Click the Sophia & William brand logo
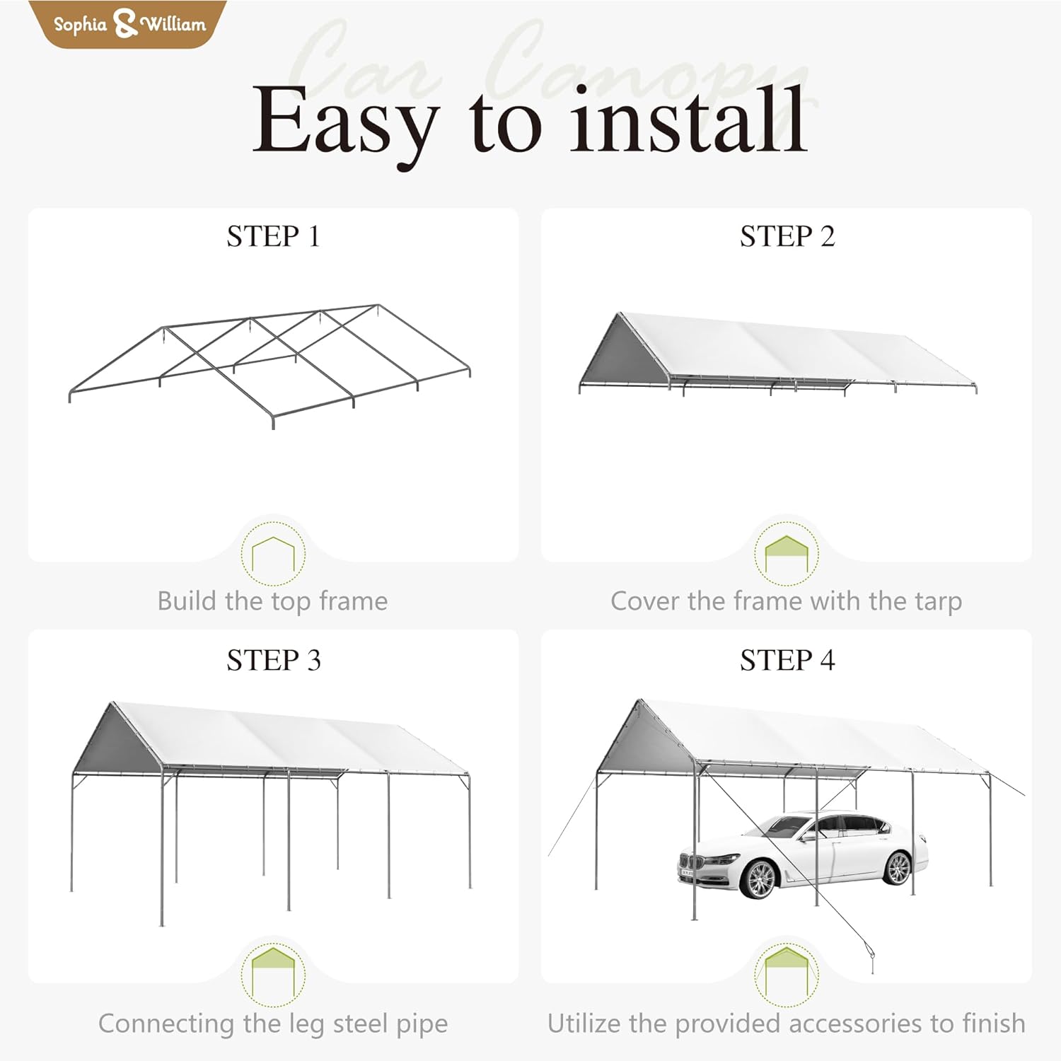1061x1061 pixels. [x=129, y=24]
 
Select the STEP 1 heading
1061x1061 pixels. [x=273, y=236]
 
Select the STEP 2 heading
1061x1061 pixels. [x=787, y=236]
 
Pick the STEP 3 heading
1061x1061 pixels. [x=273, y=660]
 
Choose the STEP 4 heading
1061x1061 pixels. [x=787, y=660]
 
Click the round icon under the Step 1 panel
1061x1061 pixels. [x=273, y=553]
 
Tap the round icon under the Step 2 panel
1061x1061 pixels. [x=786, y=553]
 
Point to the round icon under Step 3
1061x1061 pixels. [x=273, y=974]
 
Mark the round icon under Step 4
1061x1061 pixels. [x=786, y=974]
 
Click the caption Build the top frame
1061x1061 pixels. [x=273, y=601]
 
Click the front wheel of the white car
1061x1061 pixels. [x=760, y=878]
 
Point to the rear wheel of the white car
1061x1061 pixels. [x=897, y=867]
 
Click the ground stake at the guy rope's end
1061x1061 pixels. [x=871, y=962]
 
